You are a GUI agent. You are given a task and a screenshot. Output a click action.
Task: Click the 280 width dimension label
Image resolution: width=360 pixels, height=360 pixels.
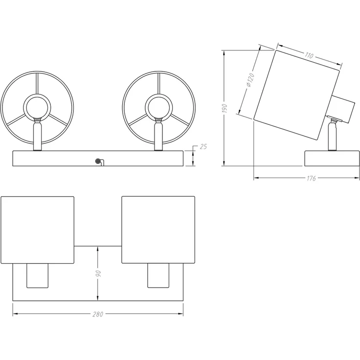tap(98, 314)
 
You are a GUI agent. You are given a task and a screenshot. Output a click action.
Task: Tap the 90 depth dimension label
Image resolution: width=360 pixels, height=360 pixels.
tap(98, 273)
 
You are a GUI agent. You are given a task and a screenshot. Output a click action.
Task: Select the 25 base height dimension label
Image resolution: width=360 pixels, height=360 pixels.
tap(203, 146)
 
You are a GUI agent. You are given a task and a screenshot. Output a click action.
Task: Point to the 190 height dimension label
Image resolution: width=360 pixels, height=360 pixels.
tap(225, 108)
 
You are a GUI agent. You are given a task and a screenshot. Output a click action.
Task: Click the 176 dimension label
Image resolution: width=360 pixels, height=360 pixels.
tap(311, 178)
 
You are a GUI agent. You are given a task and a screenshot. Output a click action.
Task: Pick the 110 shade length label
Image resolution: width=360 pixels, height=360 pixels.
tap(309, 55)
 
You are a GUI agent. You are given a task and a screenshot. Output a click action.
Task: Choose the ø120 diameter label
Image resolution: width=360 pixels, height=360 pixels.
tap(250, 80)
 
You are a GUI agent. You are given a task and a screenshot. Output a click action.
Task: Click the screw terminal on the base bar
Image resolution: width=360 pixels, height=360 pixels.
tap(98, 161)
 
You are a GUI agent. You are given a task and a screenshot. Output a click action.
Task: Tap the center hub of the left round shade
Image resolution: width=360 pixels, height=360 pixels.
tap(37, 107)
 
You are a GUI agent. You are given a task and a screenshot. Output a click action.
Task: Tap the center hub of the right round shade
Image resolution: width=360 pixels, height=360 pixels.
tap(158, 108)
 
